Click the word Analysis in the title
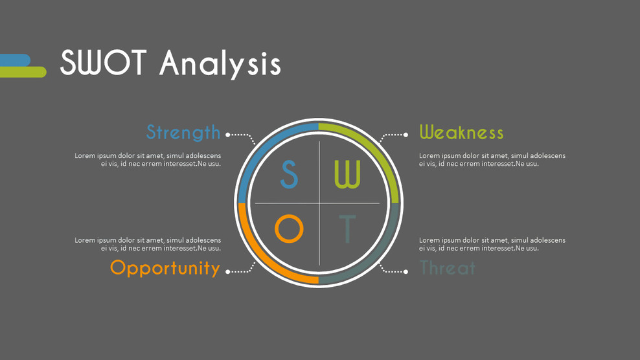tap(220, 64)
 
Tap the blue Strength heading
tap(183, 132)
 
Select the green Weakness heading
tap(461, 133)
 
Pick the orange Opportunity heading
tap(165, 267)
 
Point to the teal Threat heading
tap(448, 267)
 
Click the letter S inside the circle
tap(289, 174)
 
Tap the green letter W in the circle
tap(347, 174)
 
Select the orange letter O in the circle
tap(289, 229)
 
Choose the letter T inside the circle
tap(348, 229)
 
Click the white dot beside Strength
tap(228, 135)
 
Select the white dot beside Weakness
tap(406, 135)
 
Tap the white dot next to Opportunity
tap(228, 272)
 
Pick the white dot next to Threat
tap(406, 272)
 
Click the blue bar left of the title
tap(14, 60)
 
